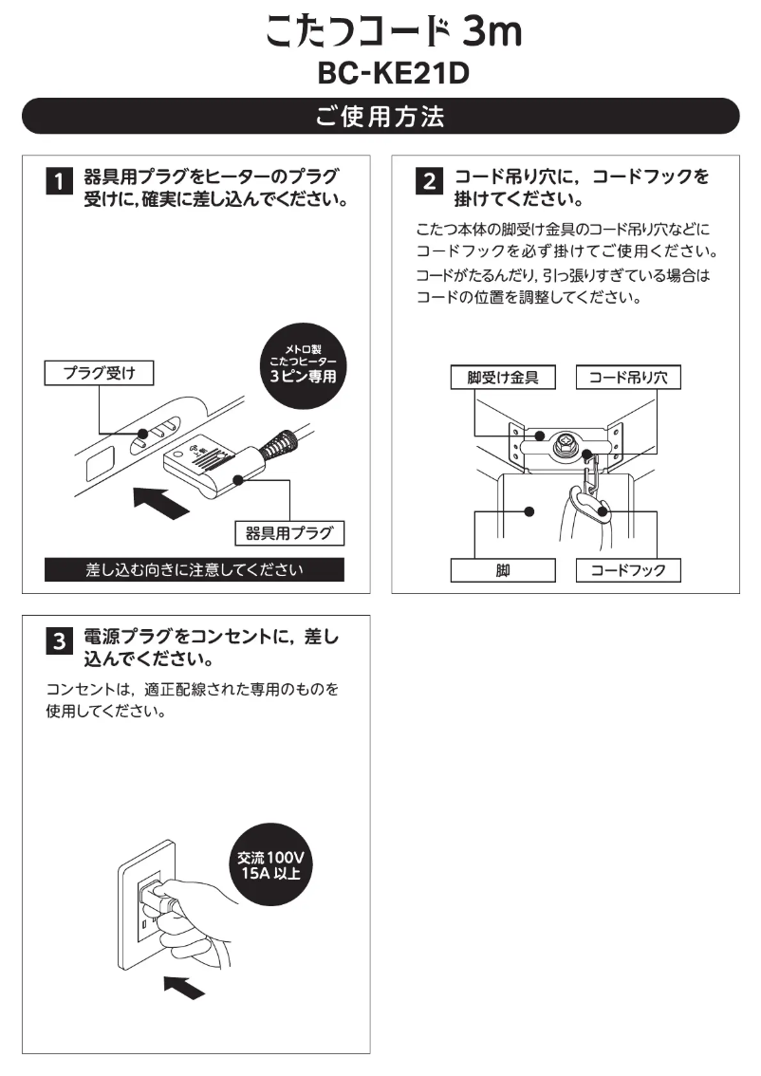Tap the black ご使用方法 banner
pyautogui.click(x=380, y=117)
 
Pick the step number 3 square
pyautogui.click(x=58, y=641)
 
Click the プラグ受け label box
pyautogui.click(x=99, y=374)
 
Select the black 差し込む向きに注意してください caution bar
pyautogui.click(x=194, y=570)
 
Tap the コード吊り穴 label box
pyautogui.click(x=628, y=378)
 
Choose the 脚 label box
pyautogui.click(x=503, y=570)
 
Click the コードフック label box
pyautogui.click(x=628, y=570)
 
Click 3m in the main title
pyautogui.click(x=492, y=34)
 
